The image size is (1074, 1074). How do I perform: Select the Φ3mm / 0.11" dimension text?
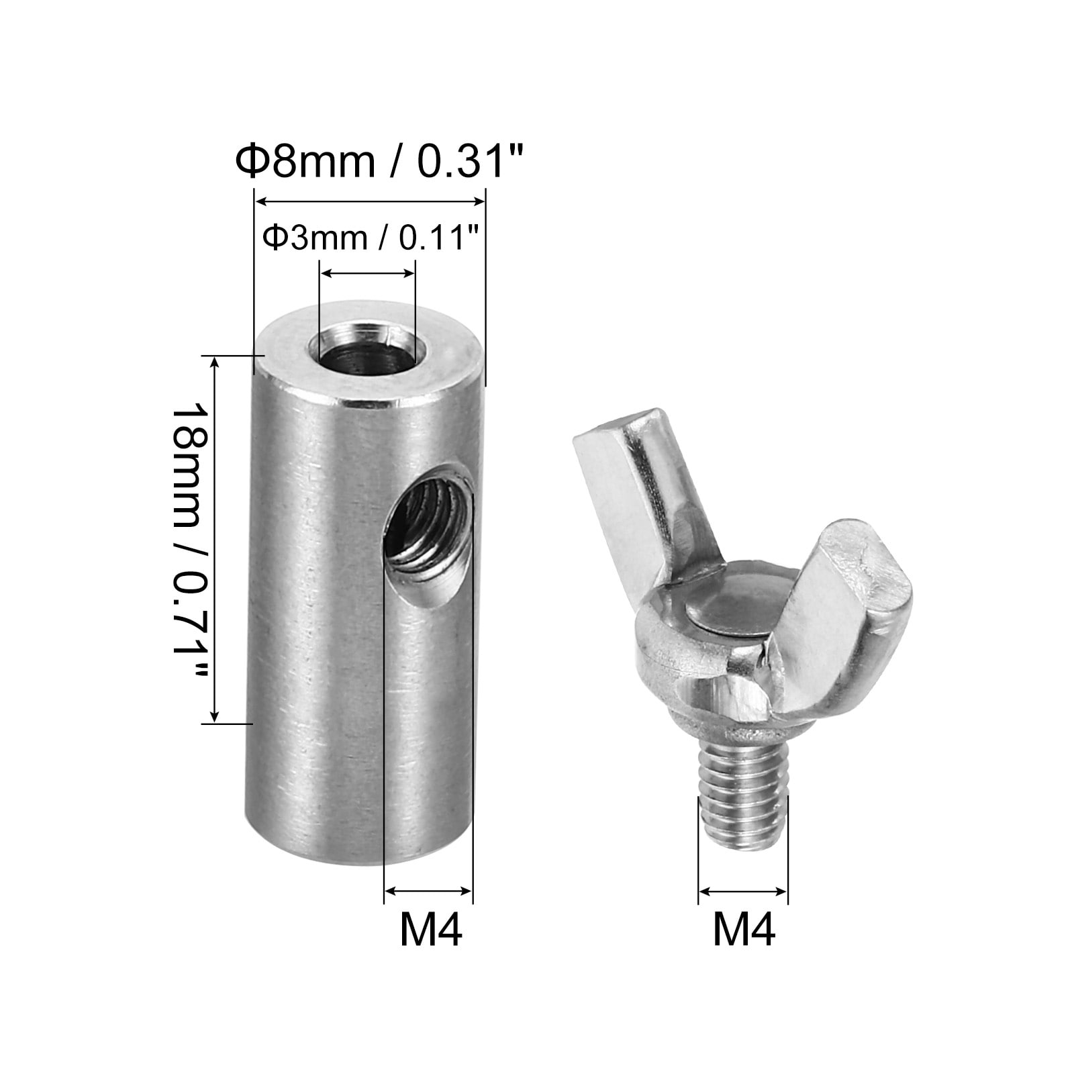click(364, 238)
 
